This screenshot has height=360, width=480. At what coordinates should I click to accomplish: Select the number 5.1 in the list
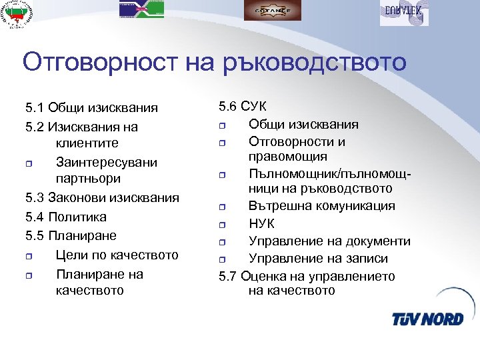(x=35, y=107)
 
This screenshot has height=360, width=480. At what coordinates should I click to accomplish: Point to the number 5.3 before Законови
(x=35, y=198)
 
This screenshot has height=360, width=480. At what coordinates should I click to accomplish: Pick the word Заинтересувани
(x=107, y=162)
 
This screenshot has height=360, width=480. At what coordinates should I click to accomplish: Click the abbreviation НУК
(x=261, y=224)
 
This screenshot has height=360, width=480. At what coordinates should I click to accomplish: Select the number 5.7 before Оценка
(x=229, y=276)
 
